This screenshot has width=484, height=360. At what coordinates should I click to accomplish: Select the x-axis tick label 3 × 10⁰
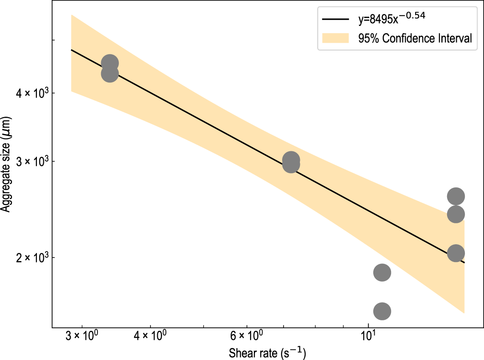click(x=82, y=337)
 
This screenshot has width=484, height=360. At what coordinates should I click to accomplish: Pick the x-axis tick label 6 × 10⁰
click(x=246, y=337)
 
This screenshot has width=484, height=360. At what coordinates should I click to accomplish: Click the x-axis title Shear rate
click(x=267, y=352)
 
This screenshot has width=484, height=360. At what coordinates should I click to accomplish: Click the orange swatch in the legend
click(x=336, y=38)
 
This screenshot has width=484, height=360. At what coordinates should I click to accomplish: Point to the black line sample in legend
click(x=336, y=20)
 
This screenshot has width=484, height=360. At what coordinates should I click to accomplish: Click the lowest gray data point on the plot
click(x=382, y=311)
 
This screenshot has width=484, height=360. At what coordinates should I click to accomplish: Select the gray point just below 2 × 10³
click(x=382, y=273)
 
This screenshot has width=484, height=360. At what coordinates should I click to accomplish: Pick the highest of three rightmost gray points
click(x=456, y=196)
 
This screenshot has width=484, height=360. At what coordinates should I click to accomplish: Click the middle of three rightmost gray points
click(x=456, y=214)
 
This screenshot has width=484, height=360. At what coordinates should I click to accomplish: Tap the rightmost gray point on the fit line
click(x=456, y=253)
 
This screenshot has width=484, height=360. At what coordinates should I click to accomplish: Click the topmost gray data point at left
click(x=110, y=63)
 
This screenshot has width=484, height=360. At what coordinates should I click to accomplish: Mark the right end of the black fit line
click(x=464, y=262)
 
